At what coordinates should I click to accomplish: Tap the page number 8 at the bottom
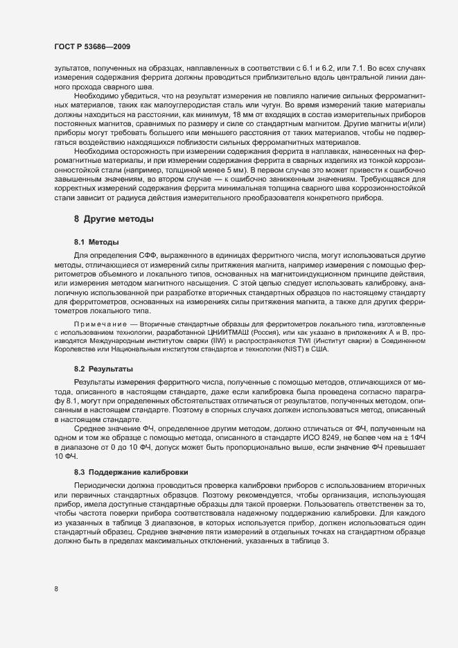56,589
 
